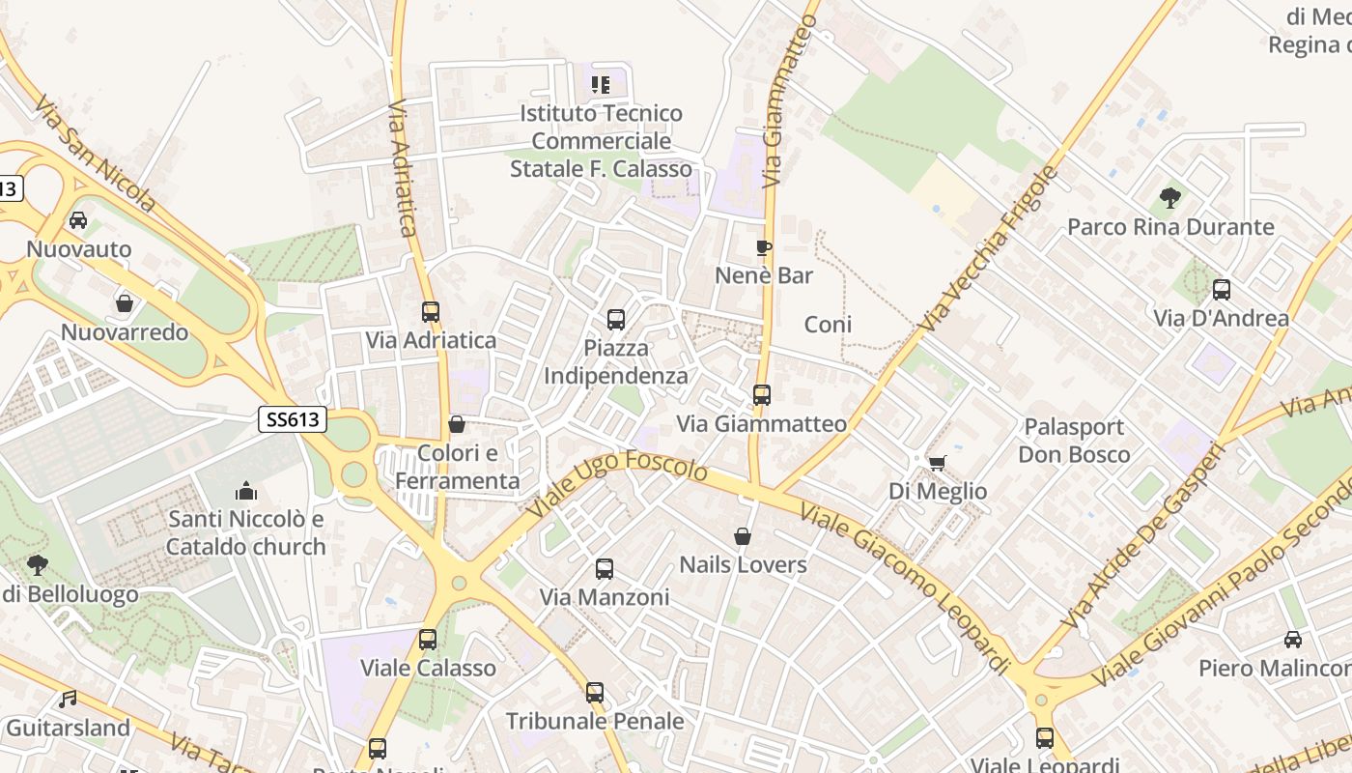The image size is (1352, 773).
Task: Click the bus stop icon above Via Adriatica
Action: tap(431, 312)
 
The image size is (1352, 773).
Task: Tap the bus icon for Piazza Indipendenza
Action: tap(615, 319)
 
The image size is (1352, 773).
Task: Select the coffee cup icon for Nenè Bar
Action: tap(764, 248)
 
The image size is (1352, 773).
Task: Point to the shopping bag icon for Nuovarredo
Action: tap(125, 303)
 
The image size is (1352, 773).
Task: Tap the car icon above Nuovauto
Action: tap(78, 220)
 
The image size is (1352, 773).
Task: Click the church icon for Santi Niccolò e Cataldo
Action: tap(246, 491)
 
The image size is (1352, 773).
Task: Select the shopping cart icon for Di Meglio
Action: tap(937, 463)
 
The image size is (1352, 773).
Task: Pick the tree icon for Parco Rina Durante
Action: tap(1170, 199)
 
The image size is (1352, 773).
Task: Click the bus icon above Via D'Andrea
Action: tap(1222, 290)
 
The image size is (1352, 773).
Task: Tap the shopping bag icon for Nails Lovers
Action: tap(743, 536)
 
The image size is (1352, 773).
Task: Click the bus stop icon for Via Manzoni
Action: tap(605, 569)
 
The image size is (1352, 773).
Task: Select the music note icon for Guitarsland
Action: tap(68, 699)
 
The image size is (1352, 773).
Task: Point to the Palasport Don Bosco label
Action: tap(1074, 441)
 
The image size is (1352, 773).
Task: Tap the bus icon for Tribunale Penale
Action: tap(595, 693)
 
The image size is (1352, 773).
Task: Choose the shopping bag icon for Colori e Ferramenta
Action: tap(457, 425)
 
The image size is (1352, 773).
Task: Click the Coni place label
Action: tap(829, 325)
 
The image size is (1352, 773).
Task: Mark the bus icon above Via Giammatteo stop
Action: tap(762, 395)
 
